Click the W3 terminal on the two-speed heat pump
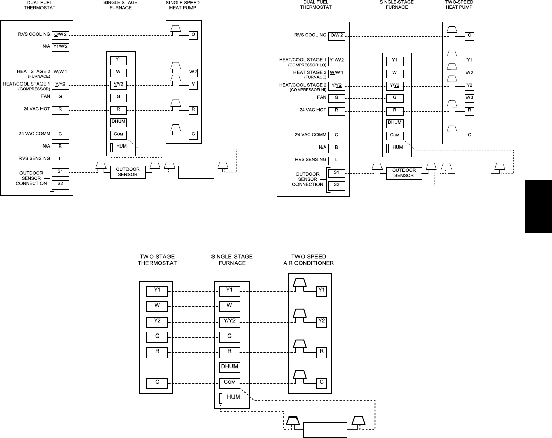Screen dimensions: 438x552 click(x=469, y=97)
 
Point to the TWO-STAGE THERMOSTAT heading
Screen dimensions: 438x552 click(x=157, y=260)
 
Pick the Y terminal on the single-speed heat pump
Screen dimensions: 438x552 click(x=193, y=84)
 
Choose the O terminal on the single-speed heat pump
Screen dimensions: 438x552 click(x=193, y=35)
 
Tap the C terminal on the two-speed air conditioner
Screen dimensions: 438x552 click(x=322, y=381)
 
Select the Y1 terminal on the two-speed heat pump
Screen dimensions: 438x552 click(x=469, y=60)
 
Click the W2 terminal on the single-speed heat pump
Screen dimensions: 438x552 click(x=193, y=72)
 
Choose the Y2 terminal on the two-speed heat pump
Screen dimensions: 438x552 click(x=469, y=85)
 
